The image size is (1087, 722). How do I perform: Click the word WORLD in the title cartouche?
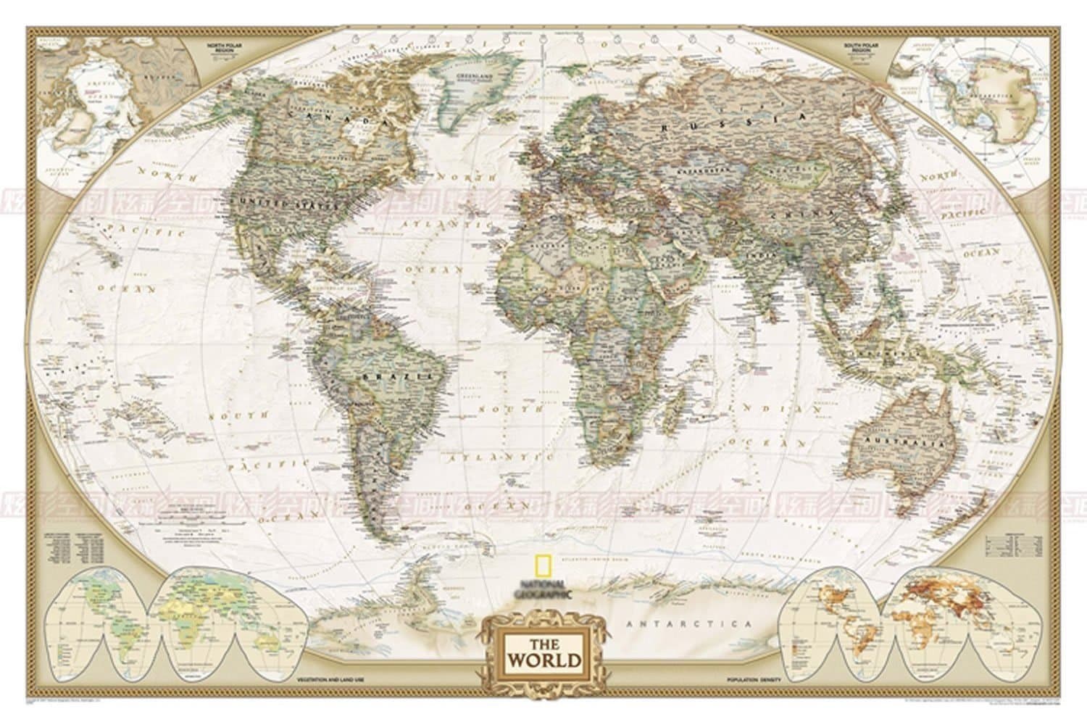pyautogui.click(x=553, y=660)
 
